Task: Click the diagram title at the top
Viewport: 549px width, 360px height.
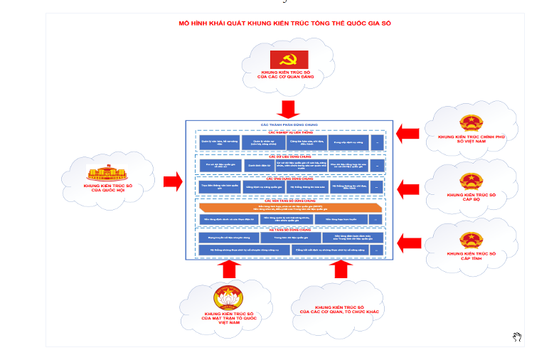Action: coord(284,23)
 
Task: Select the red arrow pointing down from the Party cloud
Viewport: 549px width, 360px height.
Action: coord(289,109)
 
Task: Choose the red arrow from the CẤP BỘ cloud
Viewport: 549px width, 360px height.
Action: coord(407,188)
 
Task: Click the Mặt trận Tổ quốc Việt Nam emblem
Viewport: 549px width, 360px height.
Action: coord(229,297)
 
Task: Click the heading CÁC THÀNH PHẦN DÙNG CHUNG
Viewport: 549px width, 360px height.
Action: coord(289,125)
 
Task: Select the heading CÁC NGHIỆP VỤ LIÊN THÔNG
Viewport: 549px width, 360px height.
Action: coord(289,132)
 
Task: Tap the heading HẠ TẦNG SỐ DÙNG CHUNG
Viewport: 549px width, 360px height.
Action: coord(289,230)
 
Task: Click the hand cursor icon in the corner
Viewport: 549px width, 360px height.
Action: coord(517,336)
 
